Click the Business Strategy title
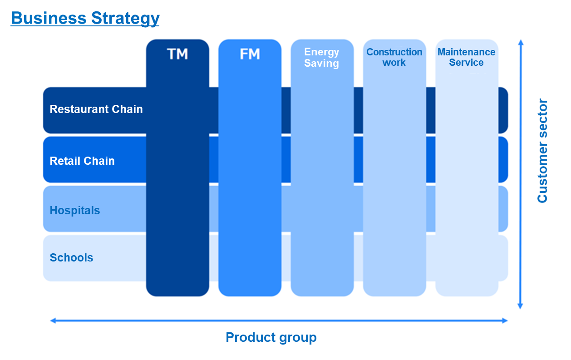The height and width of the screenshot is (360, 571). [85, 19]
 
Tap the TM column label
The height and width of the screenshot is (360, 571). [177, 54]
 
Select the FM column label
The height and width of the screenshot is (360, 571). [250, 54]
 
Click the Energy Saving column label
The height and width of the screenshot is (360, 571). [322, 58]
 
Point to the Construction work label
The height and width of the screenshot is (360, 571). [394, 57]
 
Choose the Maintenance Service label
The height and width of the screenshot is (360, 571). [467, 57]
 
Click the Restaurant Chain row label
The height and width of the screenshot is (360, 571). [96, 109]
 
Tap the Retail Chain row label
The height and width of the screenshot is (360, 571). [82, 161]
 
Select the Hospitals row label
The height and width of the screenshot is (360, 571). [75, 211]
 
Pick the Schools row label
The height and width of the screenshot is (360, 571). [71, 257]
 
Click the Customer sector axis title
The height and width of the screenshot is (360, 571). [542, 151]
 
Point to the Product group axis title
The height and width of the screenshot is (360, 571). [271, 338]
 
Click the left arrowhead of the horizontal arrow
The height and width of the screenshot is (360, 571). [53, 321]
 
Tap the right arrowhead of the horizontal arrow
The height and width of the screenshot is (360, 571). [505, 321]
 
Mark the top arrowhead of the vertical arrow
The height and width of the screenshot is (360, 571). [521, 43]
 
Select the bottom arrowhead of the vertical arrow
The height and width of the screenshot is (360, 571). [521, 306]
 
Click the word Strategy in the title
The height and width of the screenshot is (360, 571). [125, 19]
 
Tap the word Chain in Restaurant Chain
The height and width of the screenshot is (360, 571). [127, 109]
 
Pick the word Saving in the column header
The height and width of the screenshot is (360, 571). [322, 64]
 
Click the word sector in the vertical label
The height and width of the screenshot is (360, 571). [542, 118]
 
